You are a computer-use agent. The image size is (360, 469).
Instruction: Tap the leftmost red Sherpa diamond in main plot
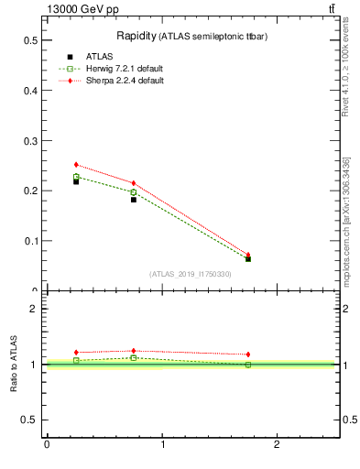coord(76,165)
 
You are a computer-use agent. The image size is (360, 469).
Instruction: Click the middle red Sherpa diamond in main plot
coord(134,183)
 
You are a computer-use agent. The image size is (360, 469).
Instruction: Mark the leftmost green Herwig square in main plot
coord(76,176)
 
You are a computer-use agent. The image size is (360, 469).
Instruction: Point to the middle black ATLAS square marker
coord(134,199)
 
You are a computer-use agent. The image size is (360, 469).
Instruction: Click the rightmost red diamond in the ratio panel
coord(248,354)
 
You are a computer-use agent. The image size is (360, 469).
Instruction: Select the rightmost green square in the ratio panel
coord(248,365)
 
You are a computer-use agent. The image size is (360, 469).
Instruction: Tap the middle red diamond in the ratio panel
coord(134,351)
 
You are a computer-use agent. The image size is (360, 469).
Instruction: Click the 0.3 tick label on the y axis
coord(31,141)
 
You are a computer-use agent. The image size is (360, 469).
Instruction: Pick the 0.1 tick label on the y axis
coord(31,241)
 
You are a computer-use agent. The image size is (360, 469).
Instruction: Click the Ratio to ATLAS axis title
coord(14,365)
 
